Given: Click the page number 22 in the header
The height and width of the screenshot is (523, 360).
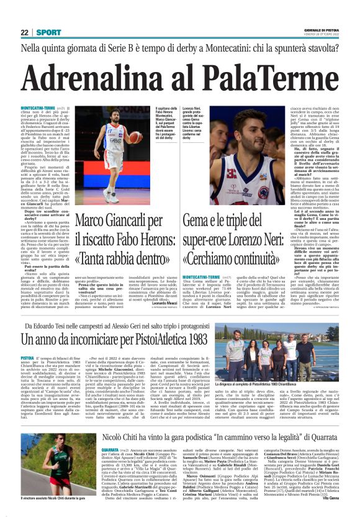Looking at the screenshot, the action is [x=24, y=32].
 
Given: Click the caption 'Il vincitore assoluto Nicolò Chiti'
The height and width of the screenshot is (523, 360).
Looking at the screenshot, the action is [x=43, y=516].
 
